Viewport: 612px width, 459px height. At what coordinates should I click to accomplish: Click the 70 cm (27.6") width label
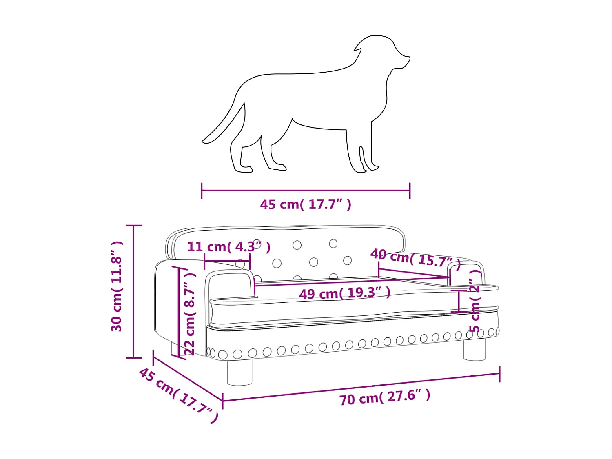(x=385, y=397)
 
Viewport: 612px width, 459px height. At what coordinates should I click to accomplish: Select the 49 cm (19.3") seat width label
(x=345, y=293)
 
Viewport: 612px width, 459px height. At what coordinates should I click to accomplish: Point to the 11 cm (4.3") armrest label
(x=228, y=247)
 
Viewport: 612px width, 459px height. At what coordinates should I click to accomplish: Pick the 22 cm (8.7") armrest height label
(x=190, y=313)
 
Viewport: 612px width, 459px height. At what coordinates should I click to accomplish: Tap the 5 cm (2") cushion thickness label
(x=475, y=306)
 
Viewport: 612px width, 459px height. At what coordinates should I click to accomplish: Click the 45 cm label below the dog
(x=306, y=204)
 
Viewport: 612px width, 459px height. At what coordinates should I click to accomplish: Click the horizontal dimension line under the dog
(x=306, y=190)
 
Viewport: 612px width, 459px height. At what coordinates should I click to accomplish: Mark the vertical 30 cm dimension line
(x=134, y=292)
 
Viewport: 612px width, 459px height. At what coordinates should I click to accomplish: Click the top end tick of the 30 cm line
(x=134, y=225)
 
